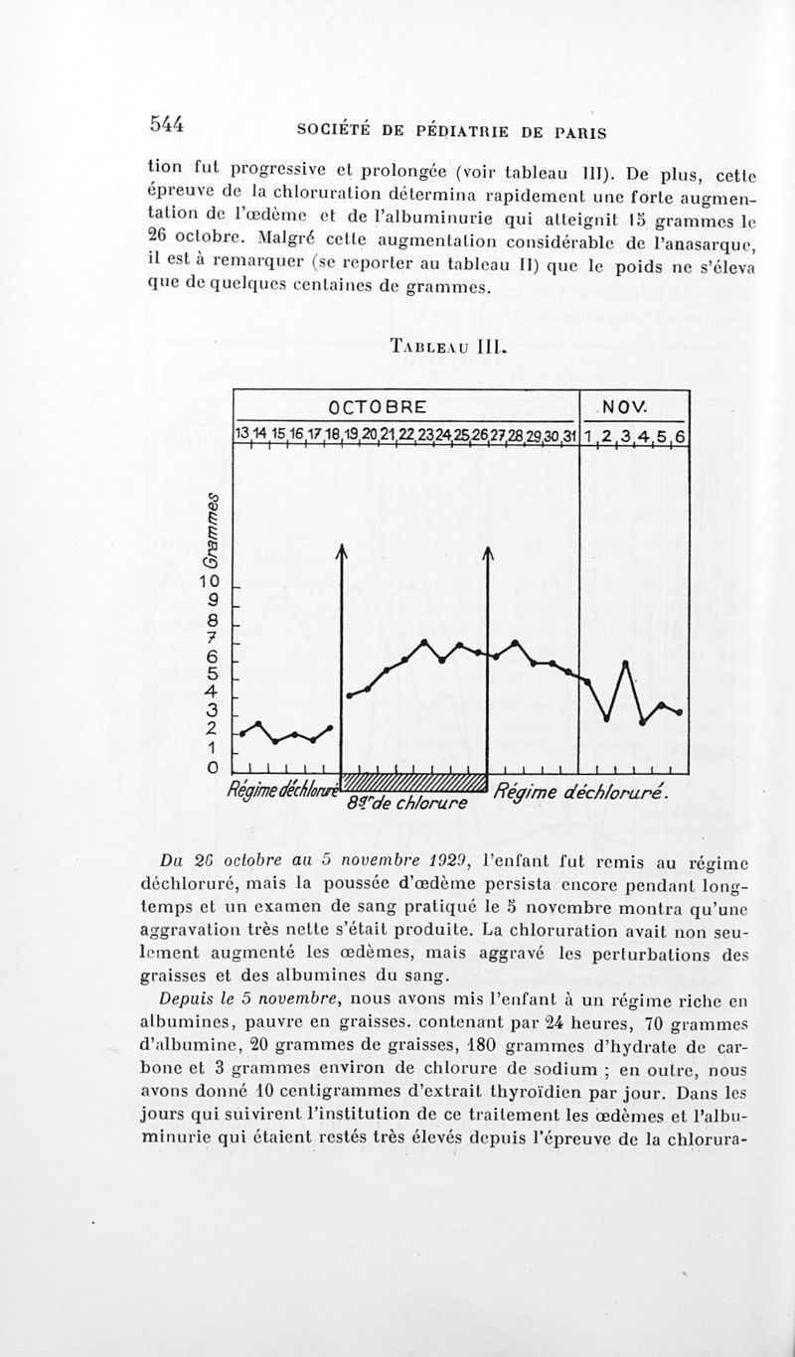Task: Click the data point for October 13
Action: (241, 733)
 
